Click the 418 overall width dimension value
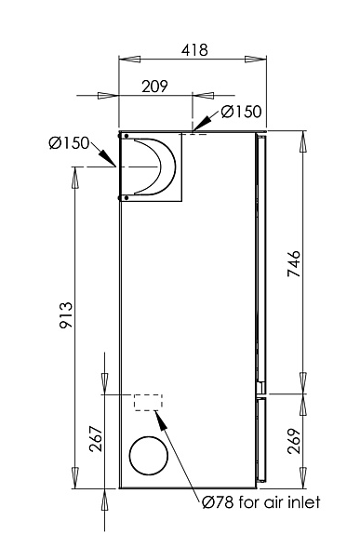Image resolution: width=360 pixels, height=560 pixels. (x=193, y=49)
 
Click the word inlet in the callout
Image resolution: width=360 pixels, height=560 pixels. (x=302, y=502)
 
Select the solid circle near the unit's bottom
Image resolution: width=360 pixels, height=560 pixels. (x=149, y=456)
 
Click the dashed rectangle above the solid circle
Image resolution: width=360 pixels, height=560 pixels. (x=148, y=403)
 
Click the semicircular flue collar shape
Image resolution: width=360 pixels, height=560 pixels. (x=153, y=167)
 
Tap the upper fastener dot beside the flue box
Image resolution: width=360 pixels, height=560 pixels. (x=121, y=136)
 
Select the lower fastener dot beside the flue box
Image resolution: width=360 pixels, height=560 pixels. (x=121, y=197)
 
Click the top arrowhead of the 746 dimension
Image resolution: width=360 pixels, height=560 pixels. (x=301, y=138)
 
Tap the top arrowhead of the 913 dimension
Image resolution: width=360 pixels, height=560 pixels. (x=75, y=173)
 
